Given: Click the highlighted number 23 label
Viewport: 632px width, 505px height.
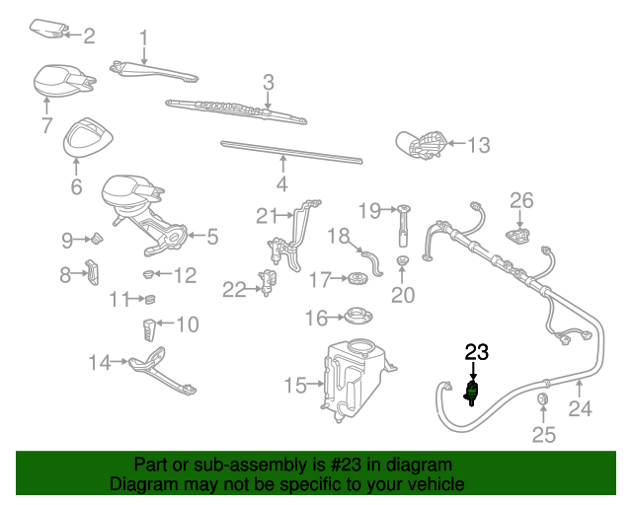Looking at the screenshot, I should click(477, 352).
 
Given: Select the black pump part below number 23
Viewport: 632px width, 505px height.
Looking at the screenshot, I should click(473, 393).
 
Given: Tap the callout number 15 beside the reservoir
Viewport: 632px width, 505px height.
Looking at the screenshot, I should click(296, 386).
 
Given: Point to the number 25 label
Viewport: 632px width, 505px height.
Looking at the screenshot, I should click(544, 434).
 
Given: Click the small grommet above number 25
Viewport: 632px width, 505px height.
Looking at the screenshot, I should click(542, 399).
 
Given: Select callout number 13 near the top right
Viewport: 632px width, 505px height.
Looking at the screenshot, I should click(478, 146).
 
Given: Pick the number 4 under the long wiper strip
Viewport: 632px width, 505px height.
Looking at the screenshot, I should click(281, 184).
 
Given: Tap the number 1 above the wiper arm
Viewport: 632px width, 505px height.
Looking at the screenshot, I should click(143, 39).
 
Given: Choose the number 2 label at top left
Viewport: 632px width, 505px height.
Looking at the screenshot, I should click(89, 36).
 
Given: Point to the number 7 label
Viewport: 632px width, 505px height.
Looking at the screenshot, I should click(46, 125).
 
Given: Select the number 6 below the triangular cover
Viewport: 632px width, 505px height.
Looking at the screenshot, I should click(76, 186).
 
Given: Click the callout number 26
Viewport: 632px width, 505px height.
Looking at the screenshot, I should click(520, 200).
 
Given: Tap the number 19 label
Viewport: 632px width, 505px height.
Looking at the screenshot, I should click(369, 209).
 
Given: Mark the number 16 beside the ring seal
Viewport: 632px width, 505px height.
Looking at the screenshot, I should click(315, 318).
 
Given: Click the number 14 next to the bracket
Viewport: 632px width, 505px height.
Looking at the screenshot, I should click(100, 363).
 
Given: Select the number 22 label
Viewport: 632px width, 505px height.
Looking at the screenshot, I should click(233, 289).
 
